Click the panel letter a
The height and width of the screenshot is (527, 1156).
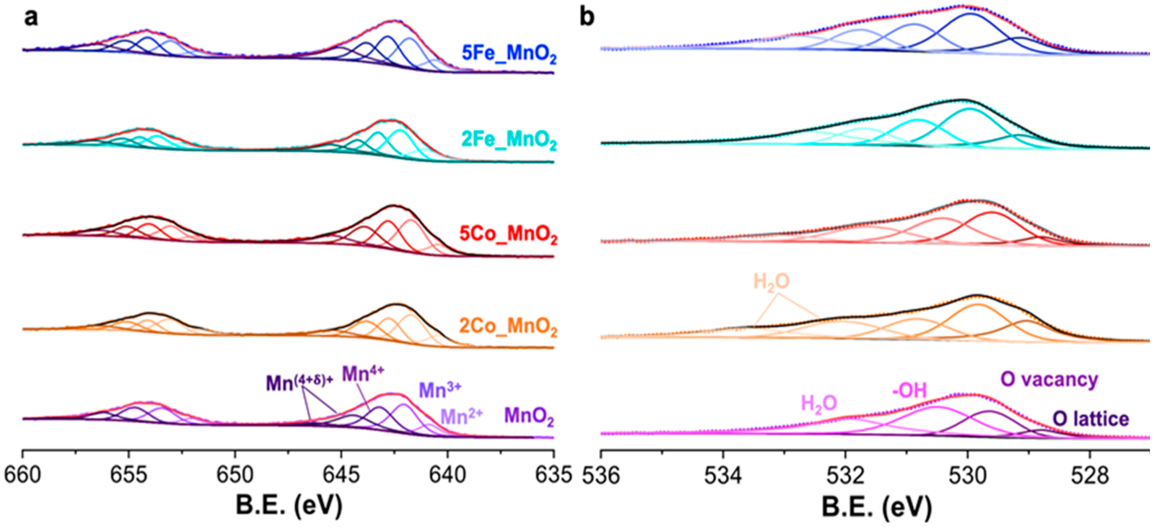(x=31, y=18)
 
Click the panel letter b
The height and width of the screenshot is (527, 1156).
(x=587, y=18)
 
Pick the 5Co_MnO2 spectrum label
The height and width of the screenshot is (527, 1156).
(x=508, y=234)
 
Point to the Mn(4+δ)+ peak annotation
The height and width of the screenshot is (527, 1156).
(x=300, y=383)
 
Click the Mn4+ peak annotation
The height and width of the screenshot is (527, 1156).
(x=363, y=373)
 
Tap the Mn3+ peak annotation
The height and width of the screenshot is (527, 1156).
(x=440, y=390)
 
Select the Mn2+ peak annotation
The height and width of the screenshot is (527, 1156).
(x=461, y=416)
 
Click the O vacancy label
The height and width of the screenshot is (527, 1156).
(x=1049, y=380)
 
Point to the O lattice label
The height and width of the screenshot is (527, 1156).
(x=1090, y=419)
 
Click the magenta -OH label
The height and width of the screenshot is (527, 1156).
(x=909, y=390)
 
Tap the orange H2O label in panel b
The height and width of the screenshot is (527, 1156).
(x=771, y=282)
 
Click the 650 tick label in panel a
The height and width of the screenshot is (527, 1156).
(x=235, y=475)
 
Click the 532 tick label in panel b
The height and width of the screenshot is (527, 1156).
(x=845, y=475)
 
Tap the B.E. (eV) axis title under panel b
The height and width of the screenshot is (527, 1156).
(x=876, y=506)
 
